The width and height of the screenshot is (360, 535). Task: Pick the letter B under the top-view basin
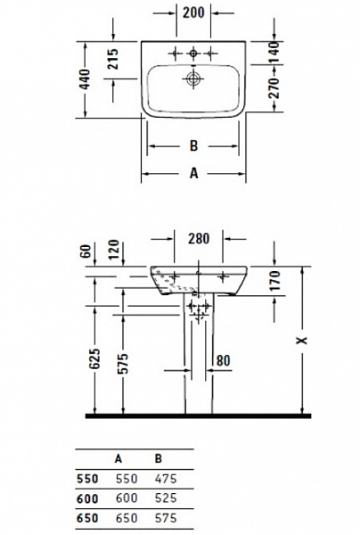point(192,145)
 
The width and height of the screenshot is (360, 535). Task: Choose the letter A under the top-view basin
point(192,174)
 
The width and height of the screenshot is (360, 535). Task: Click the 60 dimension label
point(86,251)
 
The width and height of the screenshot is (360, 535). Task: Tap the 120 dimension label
point(114,251)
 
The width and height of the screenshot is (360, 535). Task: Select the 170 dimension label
point(274,282)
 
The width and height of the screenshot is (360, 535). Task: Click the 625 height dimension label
point(94,361)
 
